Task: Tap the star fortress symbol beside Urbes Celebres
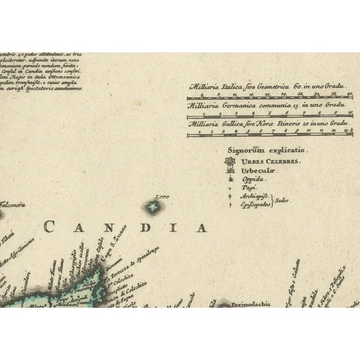pos(229,162)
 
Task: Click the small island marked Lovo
pos(152,208)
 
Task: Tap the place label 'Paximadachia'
pos(245,304)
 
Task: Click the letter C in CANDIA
pos(49,227)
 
